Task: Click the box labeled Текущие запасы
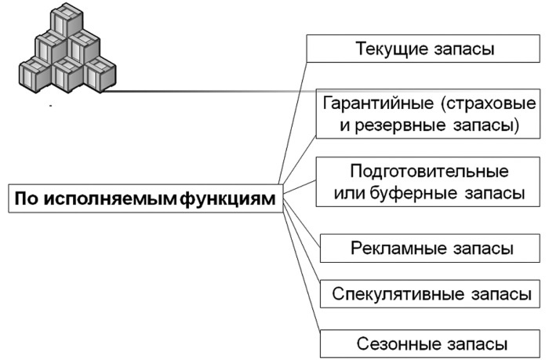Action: coord(424,49)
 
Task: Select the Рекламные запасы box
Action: coord(431,249)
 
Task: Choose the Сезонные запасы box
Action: coord(431,344)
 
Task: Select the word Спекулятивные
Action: coord(389,295)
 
